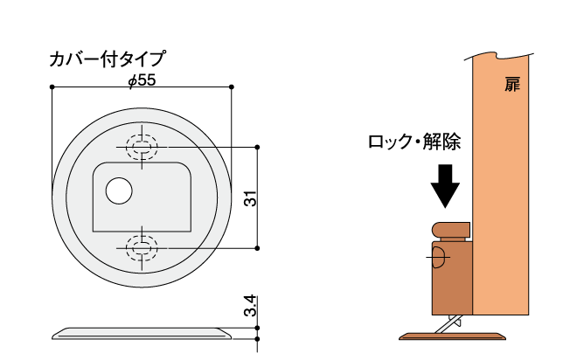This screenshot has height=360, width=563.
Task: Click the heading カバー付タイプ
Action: pos(108,60)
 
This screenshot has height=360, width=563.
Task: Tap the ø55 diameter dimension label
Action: pos(141,80)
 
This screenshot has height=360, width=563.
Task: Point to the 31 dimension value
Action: pos(249,198)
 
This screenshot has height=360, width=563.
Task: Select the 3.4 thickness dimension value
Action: pos(249,307)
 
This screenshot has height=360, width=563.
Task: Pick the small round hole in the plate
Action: pos(118,190)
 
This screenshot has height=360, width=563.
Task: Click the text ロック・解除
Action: pos(414,142)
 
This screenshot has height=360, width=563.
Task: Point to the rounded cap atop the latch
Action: pos(452,231)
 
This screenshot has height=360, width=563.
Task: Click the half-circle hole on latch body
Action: pos(438,257)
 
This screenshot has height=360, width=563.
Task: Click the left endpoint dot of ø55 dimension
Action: pos(52,87)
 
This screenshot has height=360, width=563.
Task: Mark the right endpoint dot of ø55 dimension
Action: pos(232,87)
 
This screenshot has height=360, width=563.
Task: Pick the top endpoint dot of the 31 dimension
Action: pos(259,147)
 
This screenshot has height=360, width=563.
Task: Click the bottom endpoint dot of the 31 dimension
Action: pos(259,249)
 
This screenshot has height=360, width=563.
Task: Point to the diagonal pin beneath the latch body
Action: pos(450,323)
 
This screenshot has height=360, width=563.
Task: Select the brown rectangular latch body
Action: pos(453,278)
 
